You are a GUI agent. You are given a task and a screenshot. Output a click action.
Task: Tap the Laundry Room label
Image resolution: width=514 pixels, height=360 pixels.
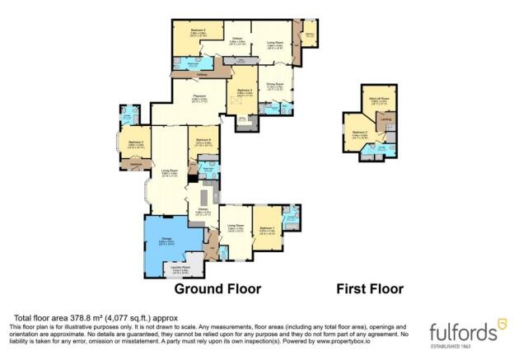coord(181,269)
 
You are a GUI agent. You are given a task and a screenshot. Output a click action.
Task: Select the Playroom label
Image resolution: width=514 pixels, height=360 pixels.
coord(199,98)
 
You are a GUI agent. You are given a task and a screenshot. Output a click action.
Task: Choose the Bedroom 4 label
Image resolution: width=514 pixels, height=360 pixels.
coord(244,91)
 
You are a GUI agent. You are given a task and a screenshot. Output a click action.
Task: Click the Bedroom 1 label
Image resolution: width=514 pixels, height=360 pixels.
coord(265,229)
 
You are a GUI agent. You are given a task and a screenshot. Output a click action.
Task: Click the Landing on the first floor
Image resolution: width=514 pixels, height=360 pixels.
coord(386,121)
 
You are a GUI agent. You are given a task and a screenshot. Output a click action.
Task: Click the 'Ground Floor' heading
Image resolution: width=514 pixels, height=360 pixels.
coord(217,289)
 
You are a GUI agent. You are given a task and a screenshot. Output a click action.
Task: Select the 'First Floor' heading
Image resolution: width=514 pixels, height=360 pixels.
coord(370,289)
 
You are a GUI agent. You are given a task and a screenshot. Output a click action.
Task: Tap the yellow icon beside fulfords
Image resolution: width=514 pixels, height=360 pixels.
coord(492,330)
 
